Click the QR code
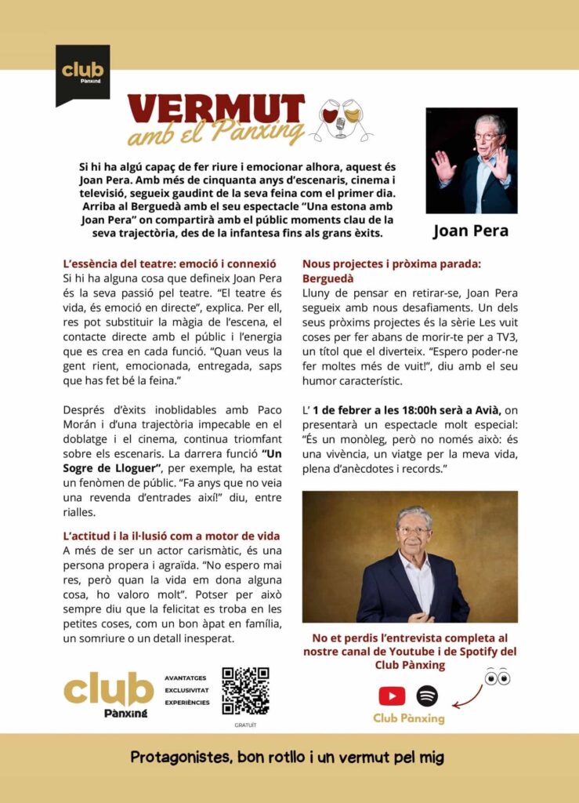pos(245,691)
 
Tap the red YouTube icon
pos(392,696)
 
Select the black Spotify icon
pos(427,696)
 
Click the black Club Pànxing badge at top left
pos(82,72)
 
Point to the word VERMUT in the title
pos(215,109)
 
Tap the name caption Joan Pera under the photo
pos(471,231)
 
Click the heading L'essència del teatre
pos(168,264)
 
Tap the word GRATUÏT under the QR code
pos(245,725)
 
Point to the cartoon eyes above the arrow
pos(497,677)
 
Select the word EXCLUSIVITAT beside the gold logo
pos(187,690)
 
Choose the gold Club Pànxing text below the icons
pos(408,718)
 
